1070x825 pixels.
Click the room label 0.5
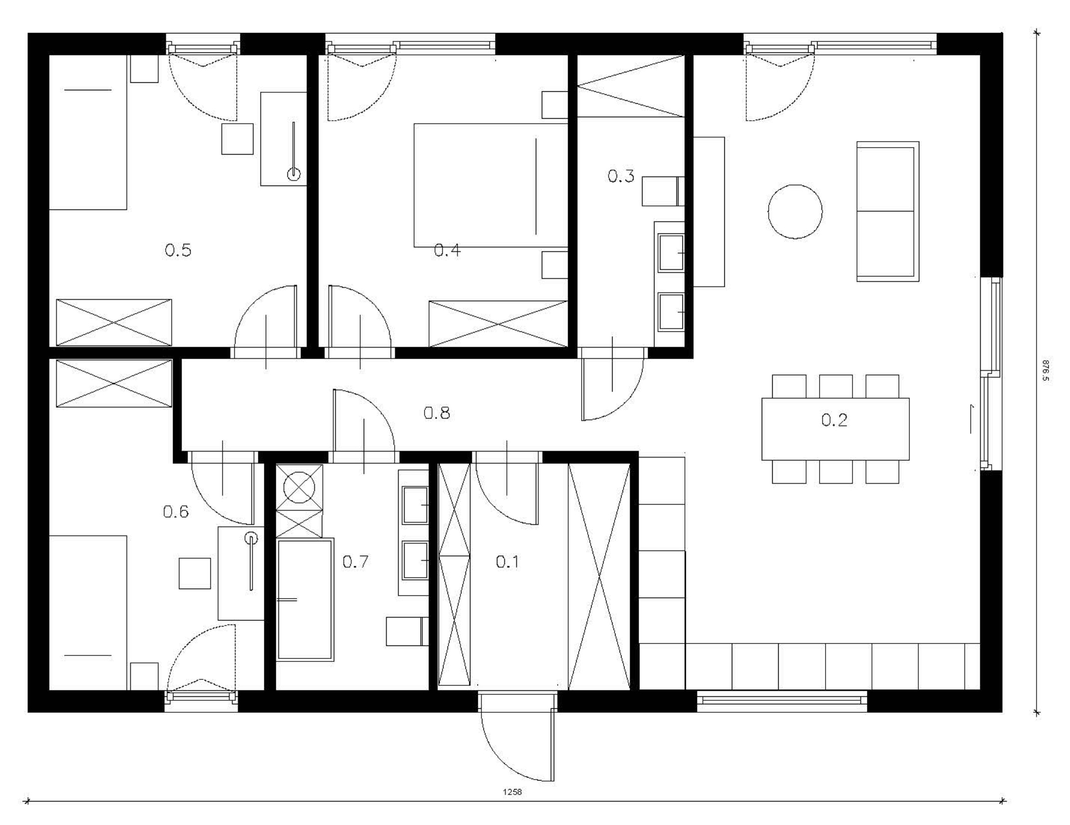[178, 250]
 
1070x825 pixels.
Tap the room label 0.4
[447, 250]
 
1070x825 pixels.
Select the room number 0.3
[621, 176]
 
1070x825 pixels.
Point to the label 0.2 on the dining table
[834, 420]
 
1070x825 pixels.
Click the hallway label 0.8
[436, 413]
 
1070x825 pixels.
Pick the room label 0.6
[176, 512]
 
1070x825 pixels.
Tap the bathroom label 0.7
[355, 562]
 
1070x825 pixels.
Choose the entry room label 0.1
[507, 562]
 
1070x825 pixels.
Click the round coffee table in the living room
[795, 211]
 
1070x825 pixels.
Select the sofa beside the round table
[888, 211]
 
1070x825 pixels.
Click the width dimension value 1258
[512, 792]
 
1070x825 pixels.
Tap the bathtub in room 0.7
[305, 600]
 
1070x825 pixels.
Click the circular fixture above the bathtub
[299, 487]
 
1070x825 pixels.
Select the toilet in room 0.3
[663, 191]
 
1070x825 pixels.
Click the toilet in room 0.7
[407, 631]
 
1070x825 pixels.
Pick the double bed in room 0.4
[491, 185]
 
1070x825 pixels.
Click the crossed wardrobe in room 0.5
[114, 323]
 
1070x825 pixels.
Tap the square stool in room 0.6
[195, 574]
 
